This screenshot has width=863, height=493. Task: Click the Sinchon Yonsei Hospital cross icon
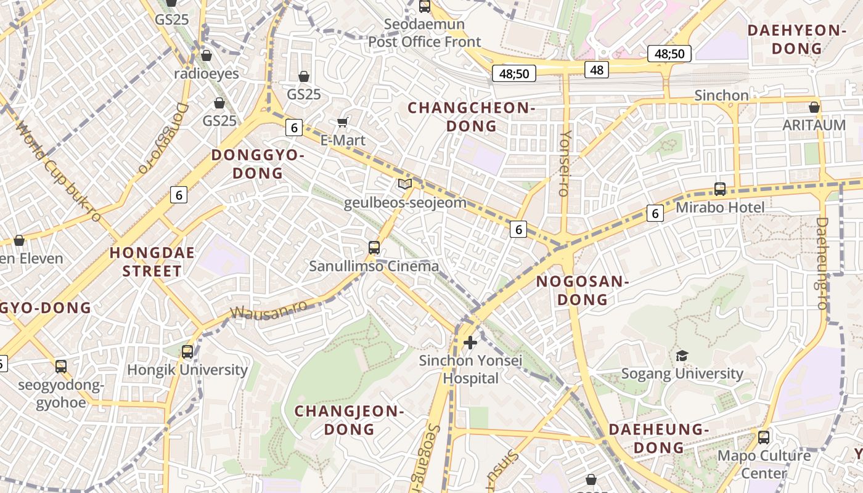pyautogui.click(x=470, y=342)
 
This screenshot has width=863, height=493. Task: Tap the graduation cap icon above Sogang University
pyautogui.click(x=682, y=356)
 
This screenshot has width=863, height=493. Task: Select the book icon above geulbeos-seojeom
pyautogui.click(x=404, y=184)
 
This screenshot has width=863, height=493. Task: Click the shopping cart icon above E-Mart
pyautogui.click(x=343, y=122)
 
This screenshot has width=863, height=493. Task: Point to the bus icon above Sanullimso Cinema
pyautogui.click(x=374, y=248)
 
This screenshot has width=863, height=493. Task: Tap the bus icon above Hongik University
pyautogui.click(x=187, y=352)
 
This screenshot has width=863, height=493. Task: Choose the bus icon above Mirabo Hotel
pyautogui.click(x=719, y=189)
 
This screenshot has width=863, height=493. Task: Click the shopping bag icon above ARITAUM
pyautogui.click(x=814, y=107)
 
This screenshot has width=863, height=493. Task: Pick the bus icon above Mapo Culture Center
pyautogui.click(x=764, y=438)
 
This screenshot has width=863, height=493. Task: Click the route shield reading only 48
pyautogui.click(x=597, y=70)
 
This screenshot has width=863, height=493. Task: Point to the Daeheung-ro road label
pyautogui.click(x=822, y=263)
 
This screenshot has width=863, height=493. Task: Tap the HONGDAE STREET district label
pyautogui.click(x=152, y=262)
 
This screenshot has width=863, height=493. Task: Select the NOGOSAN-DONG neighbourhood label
pyautogui.click(x=582, y=291)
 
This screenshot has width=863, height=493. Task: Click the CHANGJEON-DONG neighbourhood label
pyautogui.click(x=349, y=420)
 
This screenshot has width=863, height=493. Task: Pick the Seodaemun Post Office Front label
pyautogui.click(x=424, y=33)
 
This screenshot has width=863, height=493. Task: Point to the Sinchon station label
pyautogui.click(x=721, y=96)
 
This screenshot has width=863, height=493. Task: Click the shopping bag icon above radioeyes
pyautogui.click(x=207, y=55)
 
